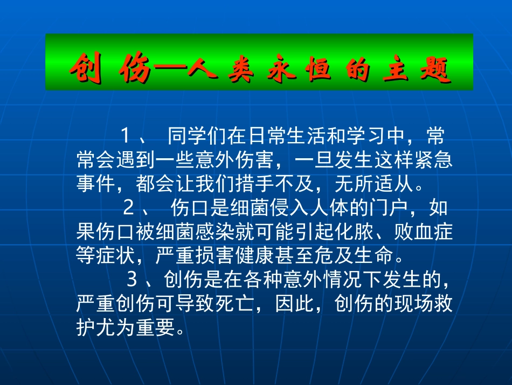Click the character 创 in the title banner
86,69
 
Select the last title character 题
436,69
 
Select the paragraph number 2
128,207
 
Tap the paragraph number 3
132,280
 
